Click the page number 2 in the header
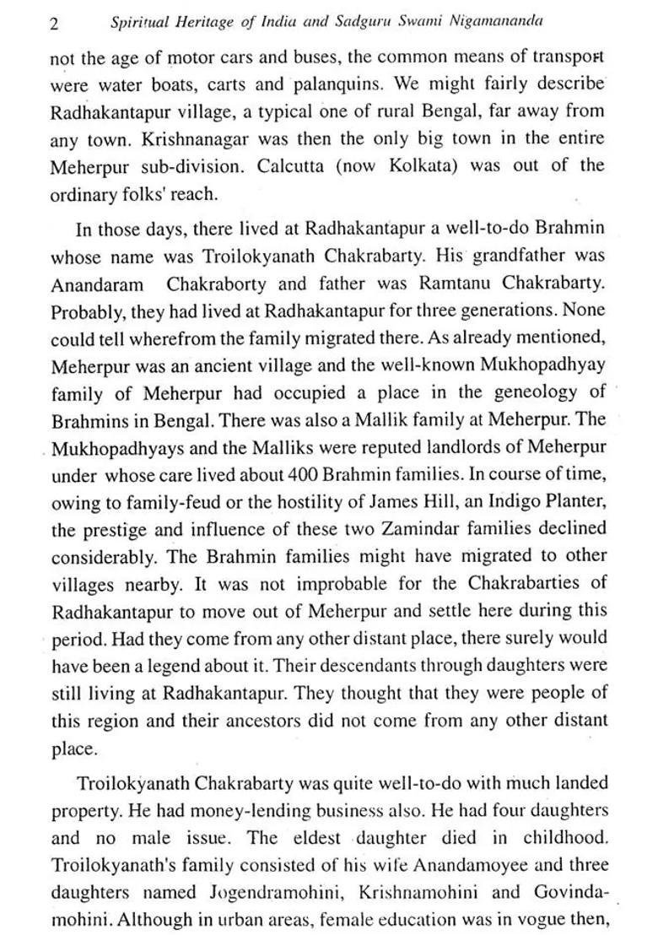[54, 24]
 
